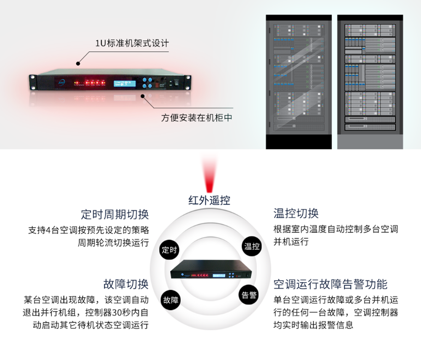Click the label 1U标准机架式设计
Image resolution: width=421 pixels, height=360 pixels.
coord(132,43)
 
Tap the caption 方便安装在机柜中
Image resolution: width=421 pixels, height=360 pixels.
coord(197,117)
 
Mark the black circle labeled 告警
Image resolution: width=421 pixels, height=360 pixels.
coord(249,295)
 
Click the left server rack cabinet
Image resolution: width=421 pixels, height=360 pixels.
coord(298,82)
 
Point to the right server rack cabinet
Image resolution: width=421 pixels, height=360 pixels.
coord(370,82)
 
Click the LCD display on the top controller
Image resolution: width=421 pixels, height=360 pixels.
coord(125,83)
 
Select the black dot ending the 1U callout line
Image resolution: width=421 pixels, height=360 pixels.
coord(78,64)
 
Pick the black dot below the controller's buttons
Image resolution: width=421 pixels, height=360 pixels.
coord(143,95)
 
